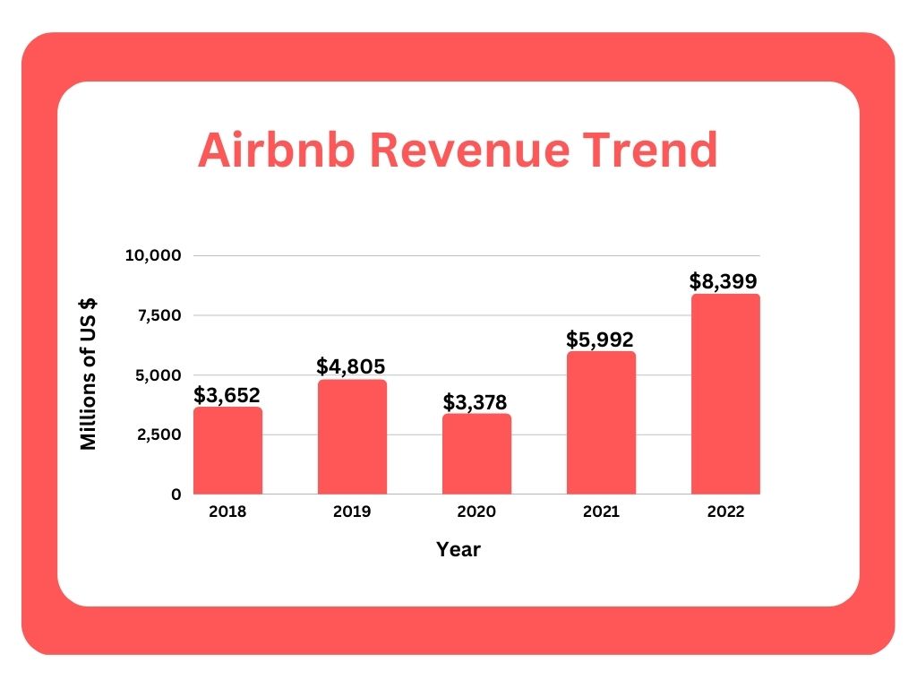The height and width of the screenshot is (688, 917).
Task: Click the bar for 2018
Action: (227, 451)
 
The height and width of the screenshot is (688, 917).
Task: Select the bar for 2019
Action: (352, 437)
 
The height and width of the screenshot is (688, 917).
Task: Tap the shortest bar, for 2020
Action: (476, 454)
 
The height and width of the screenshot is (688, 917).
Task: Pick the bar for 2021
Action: (601, 423)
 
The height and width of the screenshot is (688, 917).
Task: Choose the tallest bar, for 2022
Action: (725, 394)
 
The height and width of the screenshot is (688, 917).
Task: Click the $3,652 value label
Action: (227, 395)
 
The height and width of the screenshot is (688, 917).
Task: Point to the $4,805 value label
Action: (352, 367)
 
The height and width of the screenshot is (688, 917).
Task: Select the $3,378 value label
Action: (476, 401)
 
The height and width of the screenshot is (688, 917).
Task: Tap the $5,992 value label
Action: (600, 340)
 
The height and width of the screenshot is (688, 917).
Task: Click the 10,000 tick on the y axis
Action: (153, 256)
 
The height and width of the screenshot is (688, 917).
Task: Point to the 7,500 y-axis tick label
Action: (159, 315)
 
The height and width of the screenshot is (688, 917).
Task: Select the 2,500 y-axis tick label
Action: (159, 434)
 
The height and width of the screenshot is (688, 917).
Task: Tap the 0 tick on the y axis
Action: (176, 494)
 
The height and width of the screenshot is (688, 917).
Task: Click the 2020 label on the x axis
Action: (476, 512)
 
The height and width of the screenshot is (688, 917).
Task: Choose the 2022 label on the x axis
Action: (725, 512)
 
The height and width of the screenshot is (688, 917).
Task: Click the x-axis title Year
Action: (458, 550)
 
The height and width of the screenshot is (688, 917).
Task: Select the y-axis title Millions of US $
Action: (89, 374)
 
